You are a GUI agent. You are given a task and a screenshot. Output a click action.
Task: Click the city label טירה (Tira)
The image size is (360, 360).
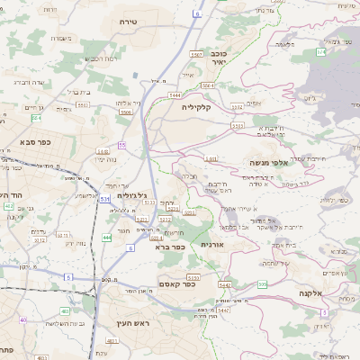pos(127,19)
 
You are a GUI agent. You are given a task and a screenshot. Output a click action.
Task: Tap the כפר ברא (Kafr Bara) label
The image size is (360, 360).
pos(169,247)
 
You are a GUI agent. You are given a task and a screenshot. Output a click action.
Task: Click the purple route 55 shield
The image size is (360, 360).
pos(121,145)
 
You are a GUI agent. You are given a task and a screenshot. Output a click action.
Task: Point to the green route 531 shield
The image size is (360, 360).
pos(104,198)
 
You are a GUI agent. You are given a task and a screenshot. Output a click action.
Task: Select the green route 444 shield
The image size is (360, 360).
pos(107,237)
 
